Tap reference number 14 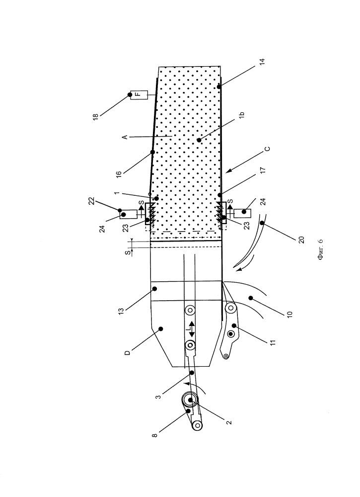coord(262,62)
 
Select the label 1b coord(242,115)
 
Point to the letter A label coord(125,137)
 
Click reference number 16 coord(119,174)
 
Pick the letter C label coord(268,149)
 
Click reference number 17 coord(263,170)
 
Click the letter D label coord(127,353)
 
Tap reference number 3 coord(158,397)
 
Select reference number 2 coord(229,422)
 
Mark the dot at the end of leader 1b coord(199,140)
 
